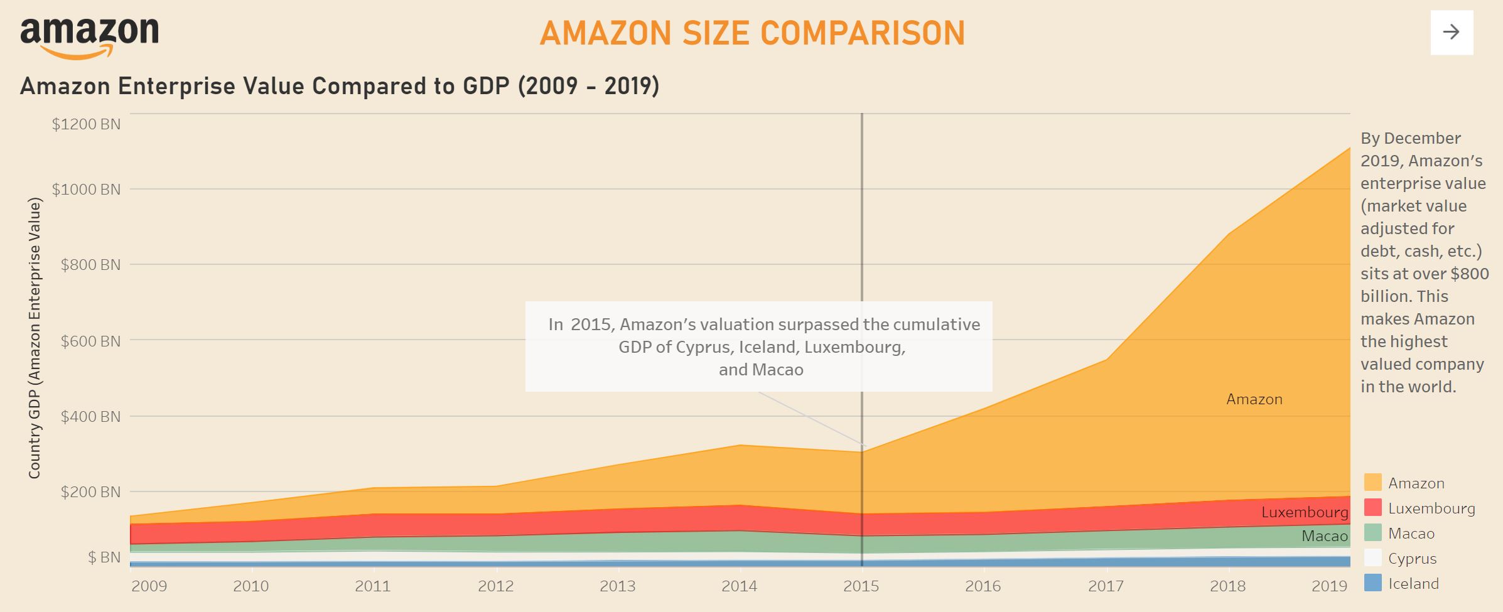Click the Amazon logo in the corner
89,37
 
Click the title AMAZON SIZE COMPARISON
752,33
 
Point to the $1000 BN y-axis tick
86,190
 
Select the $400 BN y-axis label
90,417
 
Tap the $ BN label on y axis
104,557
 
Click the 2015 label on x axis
861,586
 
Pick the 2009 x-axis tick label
149,586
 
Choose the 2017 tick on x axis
1106,586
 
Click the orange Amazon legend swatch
1372,483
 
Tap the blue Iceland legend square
1372,583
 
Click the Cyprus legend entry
1412,559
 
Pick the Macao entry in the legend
1411,534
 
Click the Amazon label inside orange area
1254,399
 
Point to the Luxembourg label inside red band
1305,512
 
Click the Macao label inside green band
1324,536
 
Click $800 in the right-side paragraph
1470,274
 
